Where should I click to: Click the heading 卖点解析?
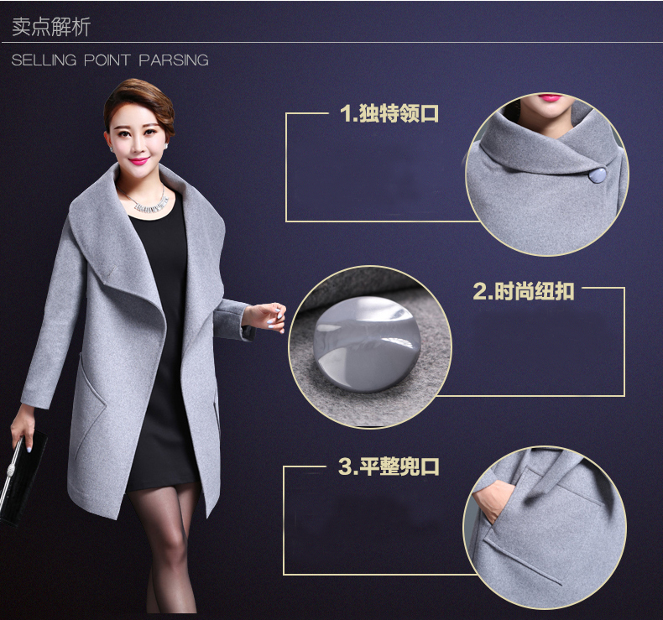pos(51,27)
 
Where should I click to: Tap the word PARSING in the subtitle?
pos(174,60)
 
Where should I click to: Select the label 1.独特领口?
pos(389,113)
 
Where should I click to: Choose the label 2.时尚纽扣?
pos(524,291)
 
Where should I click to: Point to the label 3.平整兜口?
pos(389,466)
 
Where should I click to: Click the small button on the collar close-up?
pos(597,175)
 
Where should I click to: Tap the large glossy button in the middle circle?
pos(366,340)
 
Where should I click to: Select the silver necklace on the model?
pos(148,202)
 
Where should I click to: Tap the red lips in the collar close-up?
pos(550,97)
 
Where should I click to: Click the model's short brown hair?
pos(138,99)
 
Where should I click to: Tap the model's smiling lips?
pos(138,160)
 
